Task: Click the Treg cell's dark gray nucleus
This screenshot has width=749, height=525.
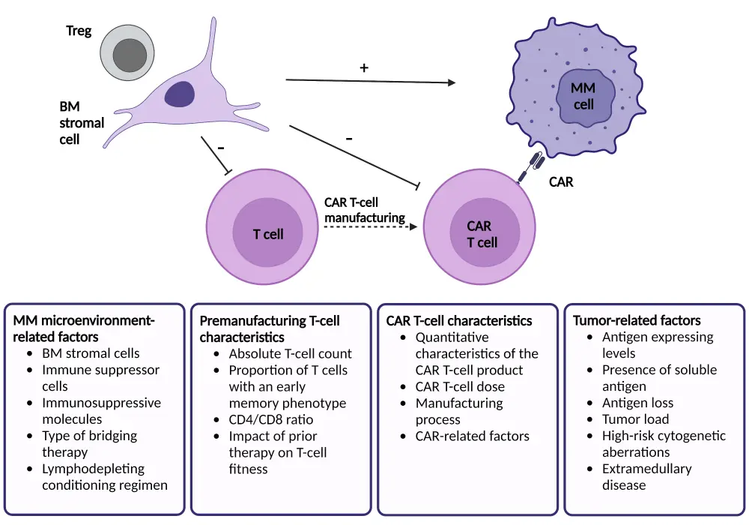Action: click(130, 54)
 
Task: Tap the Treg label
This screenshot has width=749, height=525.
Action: click(79, 31)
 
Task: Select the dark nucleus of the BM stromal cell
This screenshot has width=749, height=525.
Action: click(180, 95)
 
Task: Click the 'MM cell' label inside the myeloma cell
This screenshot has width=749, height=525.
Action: click(583, 97)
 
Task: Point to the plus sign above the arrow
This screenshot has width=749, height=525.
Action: click(364, 67)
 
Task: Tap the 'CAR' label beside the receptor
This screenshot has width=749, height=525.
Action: click(561, 181)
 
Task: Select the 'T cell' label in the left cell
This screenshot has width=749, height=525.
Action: click(268, 234)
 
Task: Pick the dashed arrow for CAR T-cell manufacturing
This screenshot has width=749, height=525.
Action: click(367, 230)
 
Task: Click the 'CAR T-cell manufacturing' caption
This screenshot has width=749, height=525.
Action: click(365, 210)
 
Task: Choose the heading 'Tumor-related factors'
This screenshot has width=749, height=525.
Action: click(637, 321)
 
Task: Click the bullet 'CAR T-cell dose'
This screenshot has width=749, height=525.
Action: click(460, 386)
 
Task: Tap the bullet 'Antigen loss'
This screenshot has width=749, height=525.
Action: click(637, 403)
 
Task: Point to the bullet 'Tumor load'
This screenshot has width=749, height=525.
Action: click(635, 419)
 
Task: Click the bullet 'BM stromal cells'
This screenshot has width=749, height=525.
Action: click(91, 353)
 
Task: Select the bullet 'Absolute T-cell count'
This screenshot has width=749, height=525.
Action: click(290, 353)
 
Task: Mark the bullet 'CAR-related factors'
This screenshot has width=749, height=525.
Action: click(472, 436)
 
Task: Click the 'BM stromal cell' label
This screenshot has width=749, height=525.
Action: click(82, 123)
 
